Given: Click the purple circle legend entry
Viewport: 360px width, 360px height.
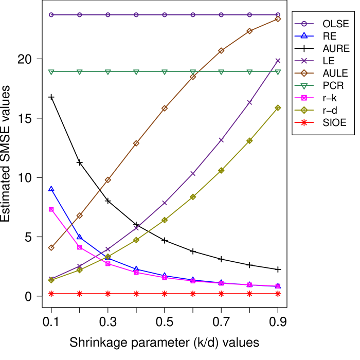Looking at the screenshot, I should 304,24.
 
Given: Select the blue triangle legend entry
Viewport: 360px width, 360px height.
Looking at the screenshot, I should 304,36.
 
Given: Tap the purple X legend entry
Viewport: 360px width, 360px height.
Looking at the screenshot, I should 304,61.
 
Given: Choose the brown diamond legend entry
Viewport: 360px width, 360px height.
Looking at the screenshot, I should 304,73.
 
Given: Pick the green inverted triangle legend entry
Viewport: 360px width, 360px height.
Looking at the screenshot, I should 304,85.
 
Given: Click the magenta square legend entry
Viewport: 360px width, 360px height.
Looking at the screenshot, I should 304,98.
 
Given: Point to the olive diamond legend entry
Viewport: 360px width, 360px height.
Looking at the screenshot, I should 304,110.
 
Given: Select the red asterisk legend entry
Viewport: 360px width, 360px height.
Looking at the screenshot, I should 304,122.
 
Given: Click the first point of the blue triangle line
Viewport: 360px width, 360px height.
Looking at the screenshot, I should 51,189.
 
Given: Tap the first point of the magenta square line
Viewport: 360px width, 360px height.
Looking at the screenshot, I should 51,209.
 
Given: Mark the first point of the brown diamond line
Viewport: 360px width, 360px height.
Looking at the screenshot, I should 51,247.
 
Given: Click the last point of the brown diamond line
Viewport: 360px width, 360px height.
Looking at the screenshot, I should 278,19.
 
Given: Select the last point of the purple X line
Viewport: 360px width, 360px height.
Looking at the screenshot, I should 278,61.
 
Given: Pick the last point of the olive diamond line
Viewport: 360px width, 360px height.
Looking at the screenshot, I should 278,107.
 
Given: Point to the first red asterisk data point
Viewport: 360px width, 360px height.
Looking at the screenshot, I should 51,294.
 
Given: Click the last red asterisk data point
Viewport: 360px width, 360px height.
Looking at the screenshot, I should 278,294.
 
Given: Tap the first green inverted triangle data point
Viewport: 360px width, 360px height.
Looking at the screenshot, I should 51,72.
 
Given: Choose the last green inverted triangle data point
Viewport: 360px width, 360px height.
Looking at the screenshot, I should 278,72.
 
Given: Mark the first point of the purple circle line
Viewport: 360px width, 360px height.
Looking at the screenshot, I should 51,15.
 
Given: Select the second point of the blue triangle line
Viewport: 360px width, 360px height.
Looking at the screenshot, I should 80,237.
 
